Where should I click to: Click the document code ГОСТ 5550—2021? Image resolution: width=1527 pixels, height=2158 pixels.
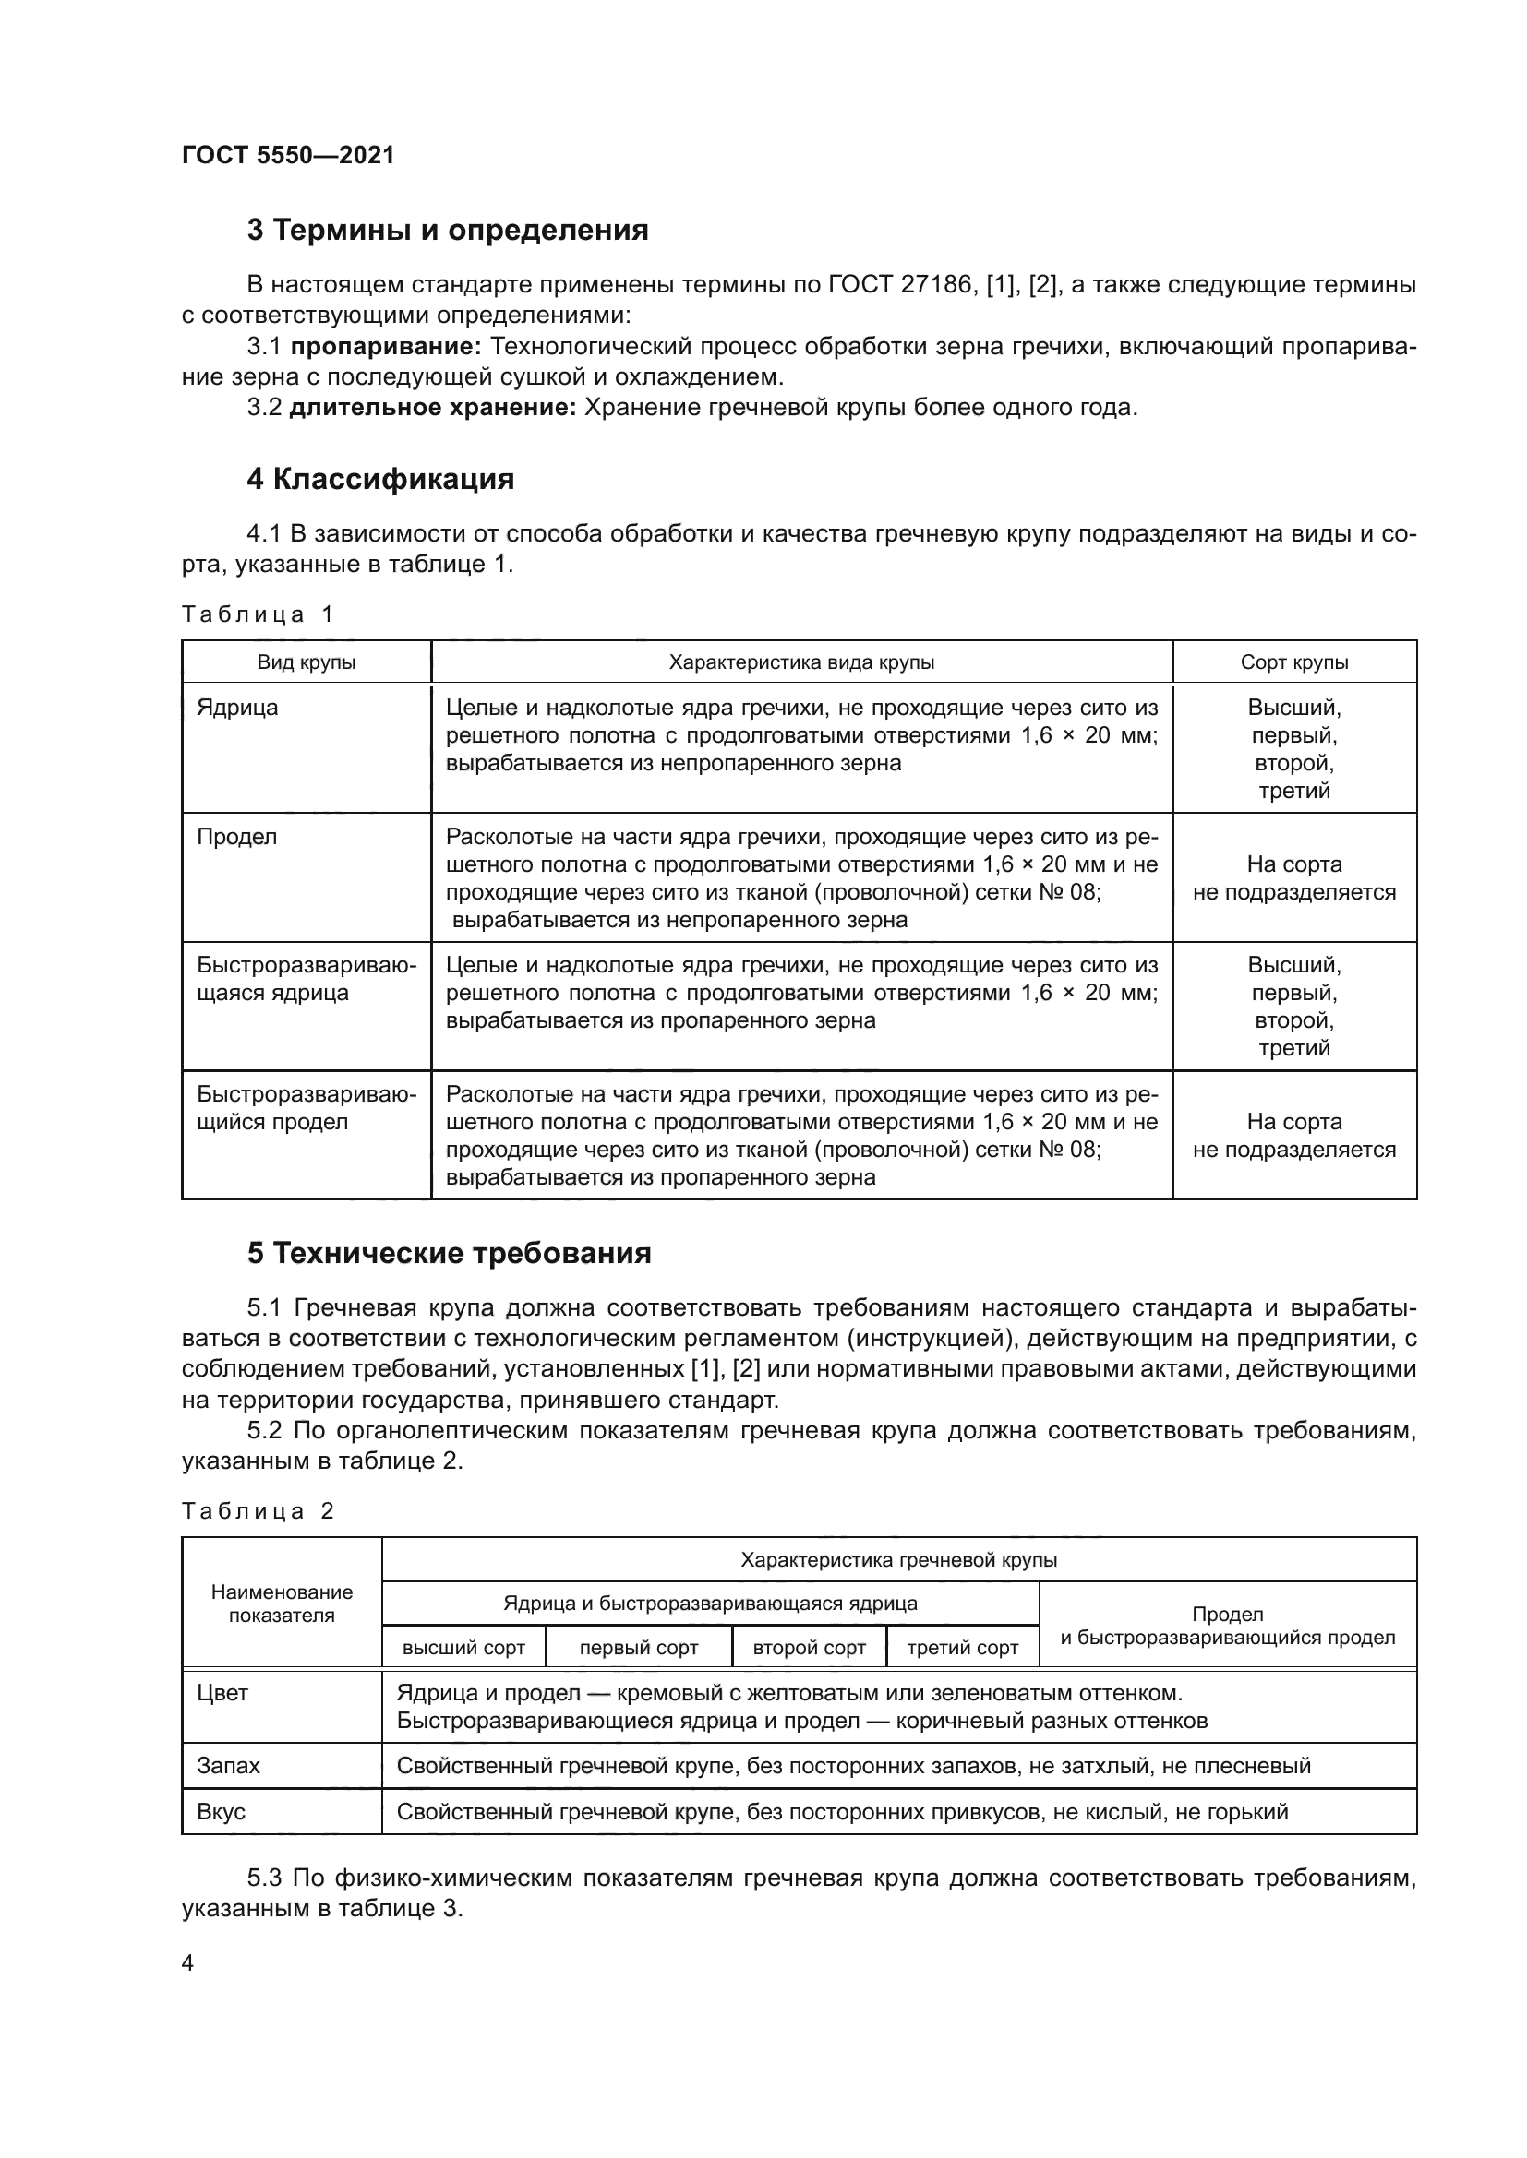(x=288, y=155)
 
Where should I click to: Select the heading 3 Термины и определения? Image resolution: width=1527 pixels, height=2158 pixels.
(x=448, y=231)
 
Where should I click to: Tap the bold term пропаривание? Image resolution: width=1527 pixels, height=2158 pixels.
(x=386, y=347)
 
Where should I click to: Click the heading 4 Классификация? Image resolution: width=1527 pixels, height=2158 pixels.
(x=379, y=480)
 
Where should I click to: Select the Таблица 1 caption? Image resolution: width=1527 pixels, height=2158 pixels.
(x=258, y=614)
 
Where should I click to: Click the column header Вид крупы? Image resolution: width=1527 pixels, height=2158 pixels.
(x=307, y=662)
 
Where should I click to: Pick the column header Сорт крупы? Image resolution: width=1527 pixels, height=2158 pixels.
(x=1293, y=662)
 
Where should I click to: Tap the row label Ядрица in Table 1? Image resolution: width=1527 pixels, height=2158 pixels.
(x=237, y=708)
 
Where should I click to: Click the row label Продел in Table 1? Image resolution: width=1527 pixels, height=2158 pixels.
(x=237, y=837)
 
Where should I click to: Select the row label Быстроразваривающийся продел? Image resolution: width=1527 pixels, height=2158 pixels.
(x=306, y=1108)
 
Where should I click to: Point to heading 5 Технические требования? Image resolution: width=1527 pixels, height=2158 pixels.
(x=449, y=1254)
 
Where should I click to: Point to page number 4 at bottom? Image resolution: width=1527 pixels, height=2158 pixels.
(x=187, y=1963)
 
